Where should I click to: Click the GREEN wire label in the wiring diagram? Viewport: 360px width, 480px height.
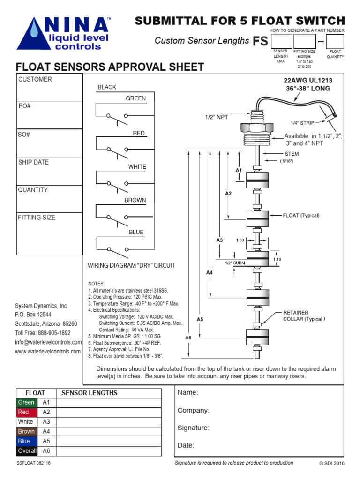(135, 98)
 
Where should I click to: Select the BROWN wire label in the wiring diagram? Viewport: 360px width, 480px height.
(135, 200)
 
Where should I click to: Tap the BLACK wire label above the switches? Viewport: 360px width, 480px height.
(107, 87)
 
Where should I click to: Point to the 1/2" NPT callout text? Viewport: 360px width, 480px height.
(216, 117)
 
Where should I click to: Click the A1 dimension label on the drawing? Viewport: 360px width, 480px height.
(239, 171)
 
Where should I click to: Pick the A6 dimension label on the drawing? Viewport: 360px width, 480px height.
(188, 337)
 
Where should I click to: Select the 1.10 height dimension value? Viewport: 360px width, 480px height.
(277, 259)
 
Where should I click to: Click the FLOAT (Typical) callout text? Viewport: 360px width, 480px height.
(301, 216)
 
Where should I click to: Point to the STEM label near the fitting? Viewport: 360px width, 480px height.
(292, 154)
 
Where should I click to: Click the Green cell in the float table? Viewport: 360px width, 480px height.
(26, 403)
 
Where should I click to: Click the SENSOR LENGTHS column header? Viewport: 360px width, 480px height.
(90, 393)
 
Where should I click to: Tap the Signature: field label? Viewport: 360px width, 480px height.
(193, 427)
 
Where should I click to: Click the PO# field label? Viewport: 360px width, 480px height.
(25, 106)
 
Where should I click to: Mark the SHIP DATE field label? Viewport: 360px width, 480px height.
(33, 162)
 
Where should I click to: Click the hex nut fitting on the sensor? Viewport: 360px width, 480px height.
(256, 127)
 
